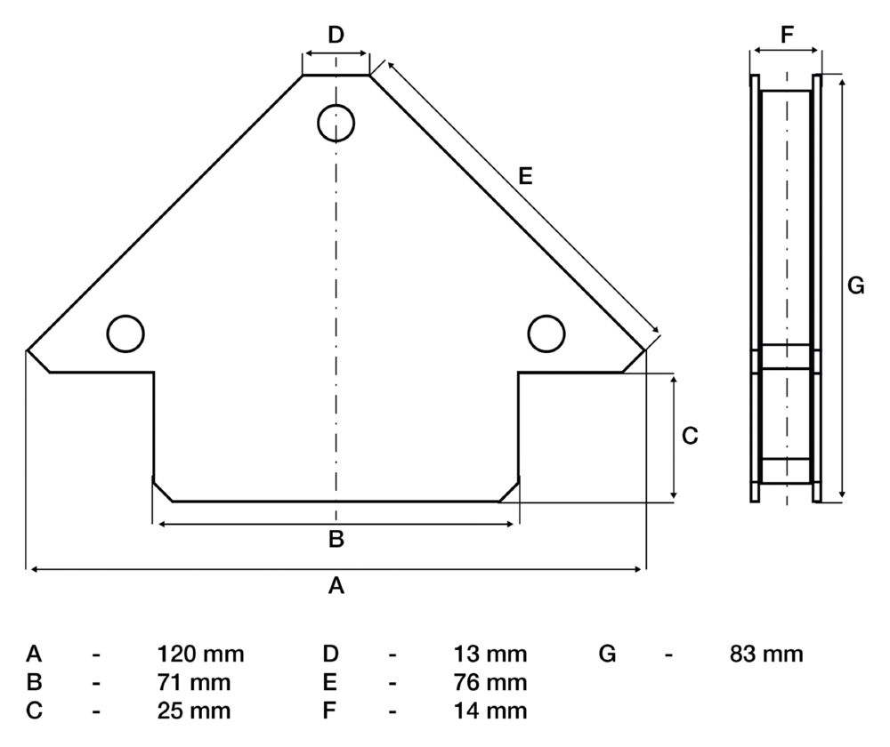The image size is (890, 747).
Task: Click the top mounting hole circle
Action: (x=336, y=122)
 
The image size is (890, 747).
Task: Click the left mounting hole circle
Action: (x=125, y=333)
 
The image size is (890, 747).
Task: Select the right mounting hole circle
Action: (x=546, y=333)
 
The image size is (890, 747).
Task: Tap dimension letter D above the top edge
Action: (x=336, y=36)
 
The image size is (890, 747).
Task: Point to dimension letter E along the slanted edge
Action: (x=525, y=177)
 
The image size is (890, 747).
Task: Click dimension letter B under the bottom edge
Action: (x=336, y=538)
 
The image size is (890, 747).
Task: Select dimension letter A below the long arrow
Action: (x=336, y=585)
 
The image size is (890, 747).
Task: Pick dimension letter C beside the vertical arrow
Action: (x=690, y=436)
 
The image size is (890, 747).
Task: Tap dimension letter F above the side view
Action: (x=786, y=36)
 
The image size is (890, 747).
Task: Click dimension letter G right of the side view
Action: (x=855, y=286)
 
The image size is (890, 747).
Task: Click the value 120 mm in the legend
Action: (x=200, y=655)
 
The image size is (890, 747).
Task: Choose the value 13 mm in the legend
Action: (x=490, y=655)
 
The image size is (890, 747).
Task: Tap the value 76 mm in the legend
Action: (x=490, y=683)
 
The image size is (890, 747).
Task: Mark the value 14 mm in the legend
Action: (x=490, y=711)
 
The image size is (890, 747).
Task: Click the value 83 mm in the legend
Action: (x=766, y=655)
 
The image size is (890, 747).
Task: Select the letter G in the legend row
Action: (x=608, y=655)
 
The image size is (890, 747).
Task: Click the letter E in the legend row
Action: (x=330, y=683)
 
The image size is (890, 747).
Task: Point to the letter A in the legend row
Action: (x=35, y=655)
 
